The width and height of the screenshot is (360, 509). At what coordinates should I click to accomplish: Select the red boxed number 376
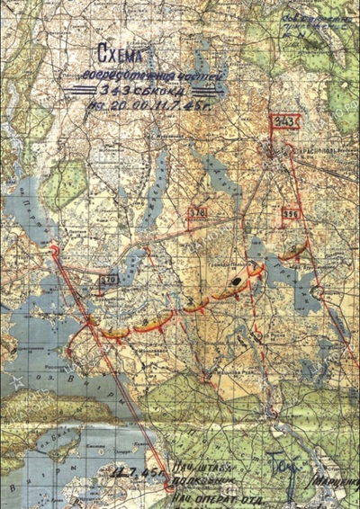point(196,212)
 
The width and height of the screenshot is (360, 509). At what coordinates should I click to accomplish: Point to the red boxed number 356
point(290,214)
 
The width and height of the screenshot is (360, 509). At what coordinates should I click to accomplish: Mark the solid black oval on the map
point(236,281)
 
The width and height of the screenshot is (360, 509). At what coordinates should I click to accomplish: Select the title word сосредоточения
point(117,75)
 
